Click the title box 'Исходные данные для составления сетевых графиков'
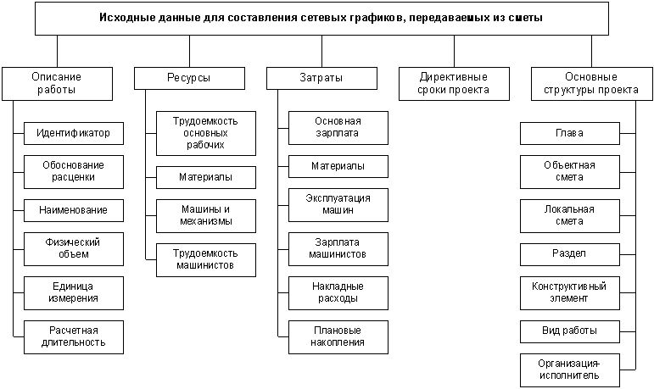click(x=321, y=17)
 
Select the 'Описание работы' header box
click(x=57, y=83)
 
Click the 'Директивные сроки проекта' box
click(x=454, y=83)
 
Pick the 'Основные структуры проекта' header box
click(x=584, y=83)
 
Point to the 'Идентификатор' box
click(x=73, y=133)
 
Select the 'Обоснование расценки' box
click(x=73, y=171)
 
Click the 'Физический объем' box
click(x=73, y=247)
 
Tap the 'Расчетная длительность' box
click(x=73, y=336)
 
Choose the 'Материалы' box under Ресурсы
click(x=205, y=177)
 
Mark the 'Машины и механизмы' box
click(x=205, y=215)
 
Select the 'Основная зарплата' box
click(x=338, y=127)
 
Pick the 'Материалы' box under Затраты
click(x=338, y=165)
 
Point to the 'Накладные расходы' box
click(x=338, y=292)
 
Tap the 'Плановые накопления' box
click(x=338, y=336)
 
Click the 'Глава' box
click(x=569, y=133)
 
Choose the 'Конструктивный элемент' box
click(x=569, y=292)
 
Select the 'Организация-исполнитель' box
click(x=569, y=369)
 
